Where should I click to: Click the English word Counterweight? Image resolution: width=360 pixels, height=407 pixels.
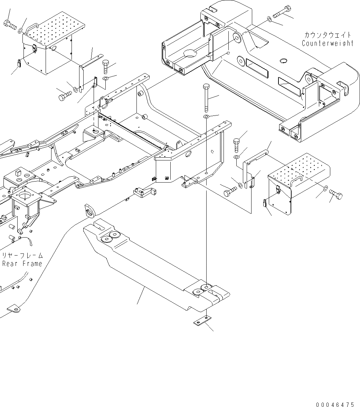(328, 44)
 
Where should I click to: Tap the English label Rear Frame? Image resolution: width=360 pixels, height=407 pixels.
(22, 264)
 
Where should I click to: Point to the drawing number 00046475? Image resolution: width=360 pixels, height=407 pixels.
(334, 405)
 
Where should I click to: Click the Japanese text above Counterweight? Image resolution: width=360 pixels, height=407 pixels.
(328, 35)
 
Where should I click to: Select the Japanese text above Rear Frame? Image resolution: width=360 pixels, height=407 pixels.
(22, 256)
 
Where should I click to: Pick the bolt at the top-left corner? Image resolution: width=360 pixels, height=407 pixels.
(9, 24)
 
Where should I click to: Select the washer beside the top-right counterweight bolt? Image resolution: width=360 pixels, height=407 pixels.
(269, 19)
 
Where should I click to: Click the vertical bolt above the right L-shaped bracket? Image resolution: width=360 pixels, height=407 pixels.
(236, 145)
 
